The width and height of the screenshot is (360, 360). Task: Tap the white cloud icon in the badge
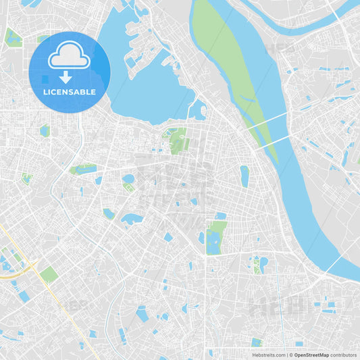coord(70,55)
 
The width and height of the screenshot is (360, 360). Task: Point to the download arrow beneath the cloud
coord(66,76)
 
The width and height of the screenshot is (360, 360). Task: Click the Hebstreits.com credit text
coord(269,355)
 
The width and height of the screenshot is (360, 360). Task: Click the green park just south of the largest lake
coord(177,139)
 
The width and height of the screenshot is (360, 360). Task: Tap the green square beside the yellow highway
coord(49,274)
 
